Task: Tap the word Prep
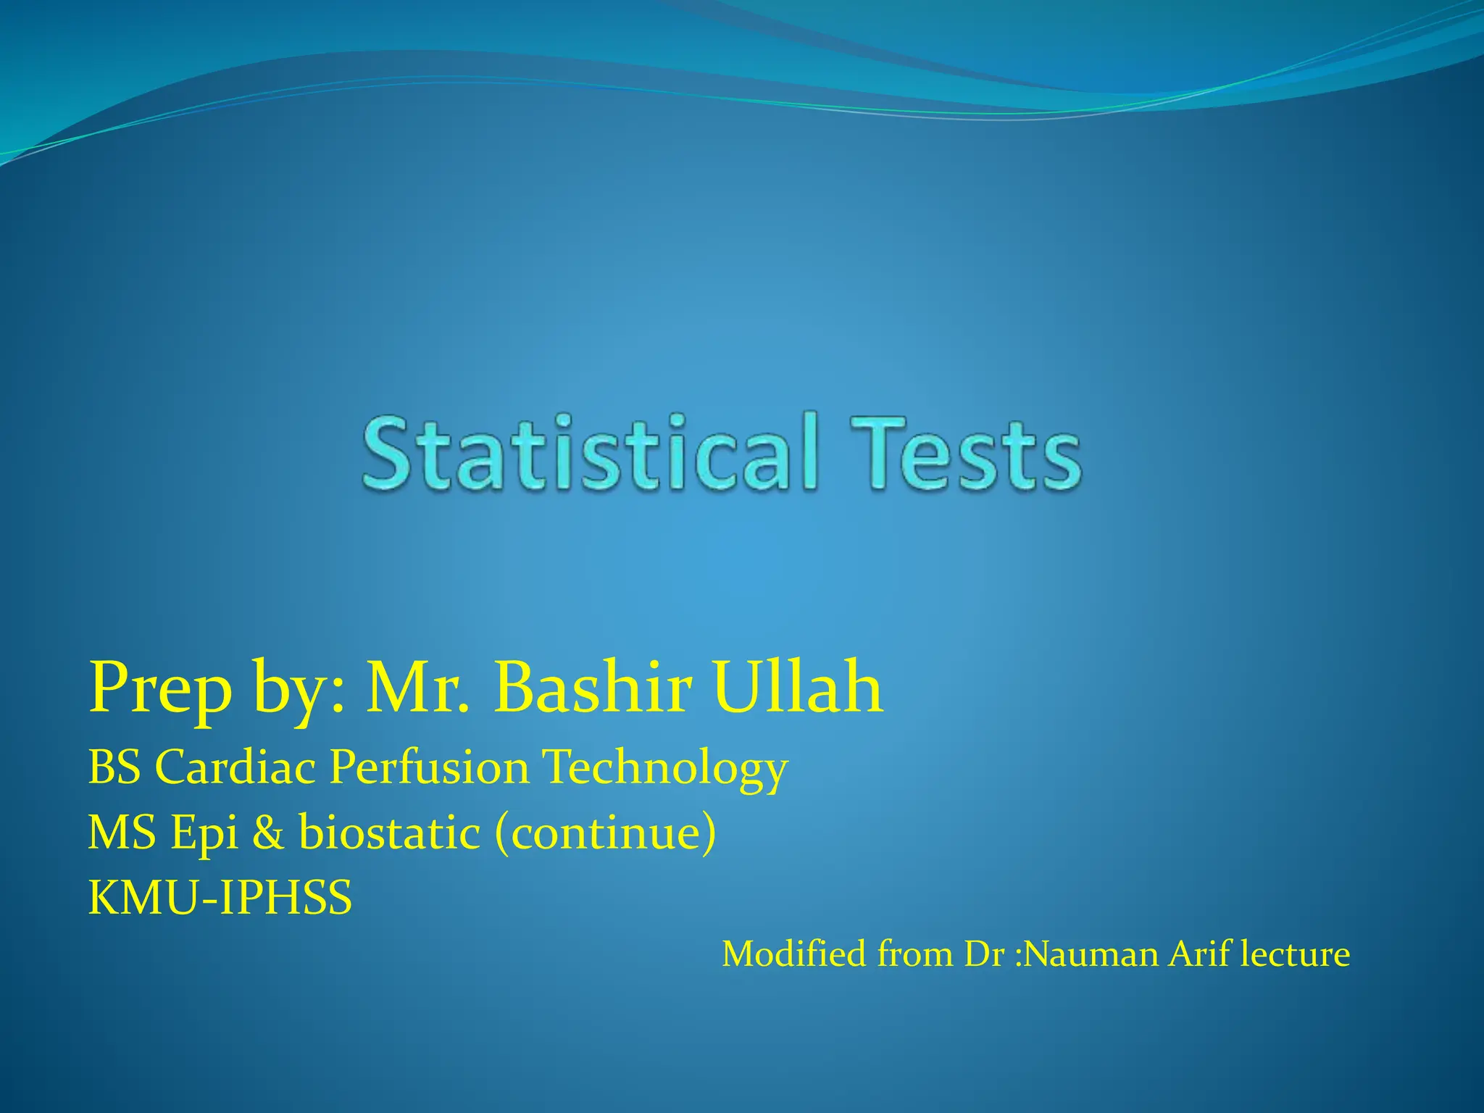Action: pos(160,688)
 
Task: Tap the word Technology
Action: pos(665,768)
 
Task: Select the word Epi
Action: pos(204,833)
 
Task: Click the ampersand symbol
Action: pos(268,833)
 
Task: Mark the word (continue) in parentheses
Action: pos(605,833)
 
